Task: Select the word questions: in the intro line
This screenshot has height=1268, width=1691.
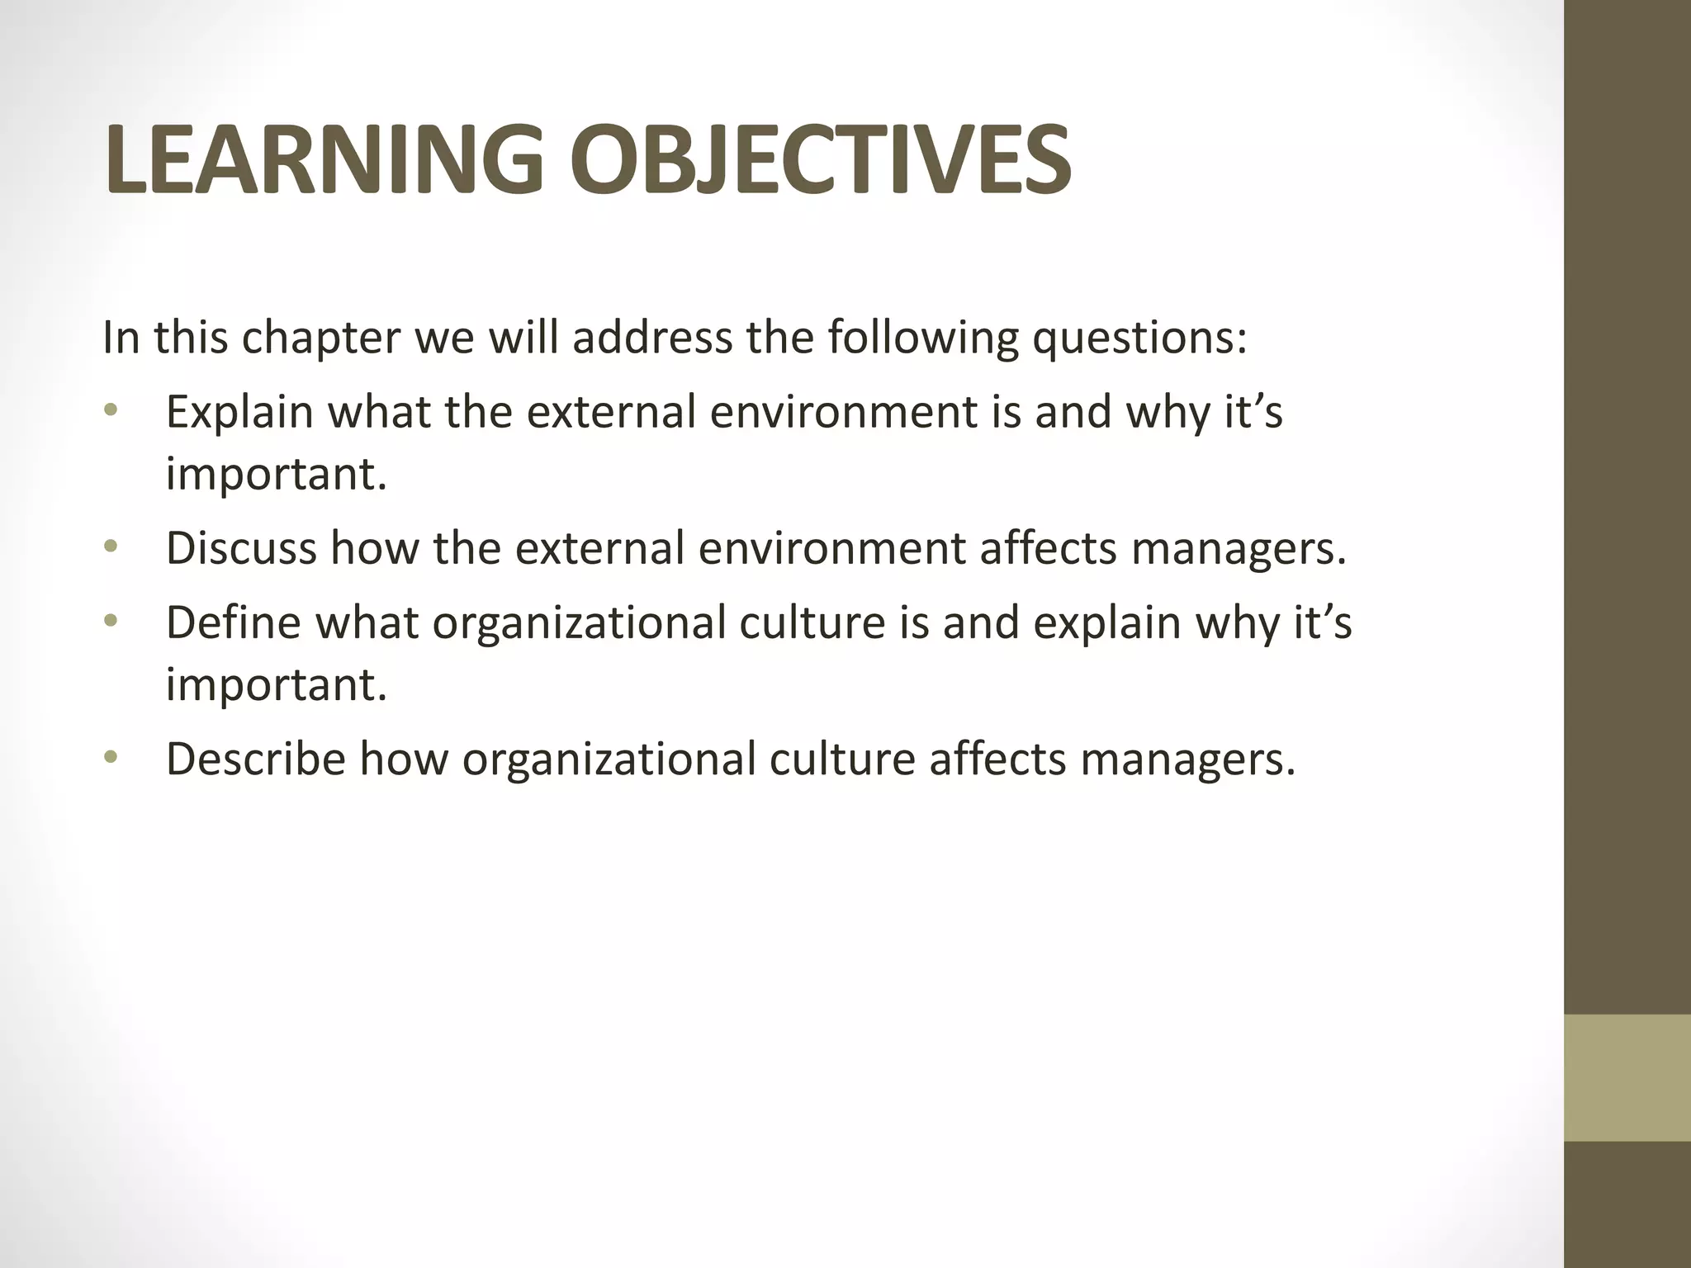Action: pos(1139,338)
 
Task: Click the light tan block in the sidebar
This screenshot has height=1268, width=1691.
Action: pos(1627,1078)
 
